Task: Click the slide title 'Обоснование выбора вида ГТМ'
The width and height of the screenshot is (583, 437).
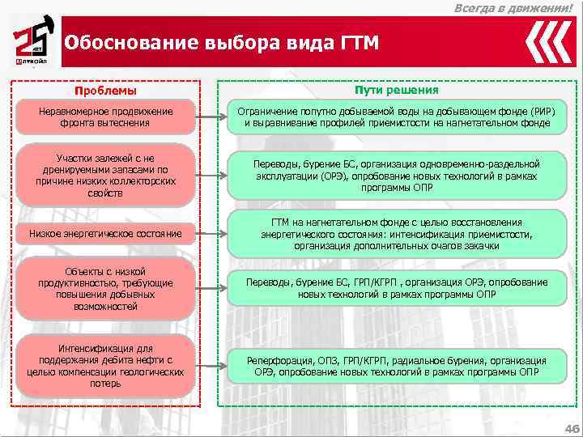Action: (221, 41)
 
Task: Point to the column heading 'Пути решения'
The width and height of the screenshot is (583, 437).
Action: (397, 91)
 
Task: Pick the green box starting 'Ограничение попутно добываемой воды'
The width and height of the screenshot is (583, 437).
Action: (397, 117)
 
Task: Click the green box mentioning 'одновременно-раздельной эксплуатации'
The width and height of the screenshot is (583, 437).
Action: (397, 176)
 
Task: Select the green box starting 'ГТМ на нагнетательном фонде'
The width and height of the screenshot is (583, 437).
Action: (397, 234)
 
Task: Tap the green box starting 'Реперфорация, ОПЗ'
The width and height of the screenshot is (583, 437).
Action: (397, 366)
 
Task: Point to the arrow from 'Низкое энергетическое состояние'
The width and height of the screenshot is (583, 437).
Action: (212, 234)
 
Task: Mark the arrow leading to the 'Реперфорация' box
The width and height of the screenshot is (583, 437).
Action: (212, 366)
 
